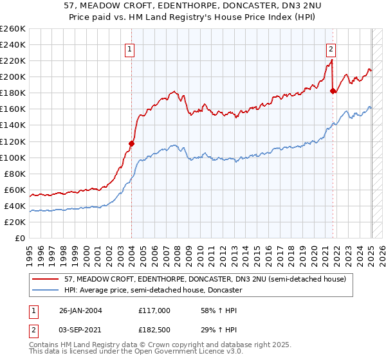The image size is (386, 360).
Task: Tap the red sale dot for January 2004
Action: click(x=131, y=143)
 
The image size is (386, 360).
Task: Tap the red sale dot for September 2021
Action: click(x=333, y=91)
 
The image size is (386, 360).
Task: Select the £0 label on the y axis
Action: click(x=21, y=238)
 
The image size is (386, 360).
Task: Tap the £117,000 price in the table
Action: click(x=154, y=310)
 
